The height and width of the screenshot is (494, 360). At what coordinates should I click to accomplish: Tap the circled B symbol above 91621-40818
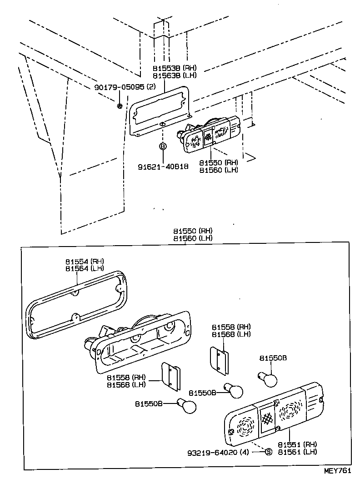(163, 146)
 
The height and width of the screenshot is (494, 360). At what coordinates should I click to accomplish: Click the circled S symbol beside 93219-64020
(268, 452)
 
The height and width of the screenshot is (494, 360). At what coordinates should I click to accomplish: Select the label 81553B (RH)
(175, 68)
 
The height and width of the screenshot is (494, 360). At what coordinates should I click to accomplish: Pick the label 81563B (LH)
(175, 75)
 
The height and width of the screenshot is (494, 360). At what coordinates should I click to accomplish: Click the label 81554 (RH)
(85, 262)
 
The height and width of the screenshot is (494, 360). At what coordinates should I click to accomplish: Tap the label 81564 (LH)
(85, 268)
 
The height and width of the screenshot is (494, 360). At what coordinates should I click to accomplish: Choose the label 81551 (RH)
(298, 444)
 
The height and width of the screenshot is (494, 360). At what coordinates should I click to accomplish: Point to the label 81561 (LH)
(298, 452)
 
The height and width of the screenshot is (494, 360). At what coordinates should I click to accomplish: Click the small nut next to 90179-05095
(119, 106)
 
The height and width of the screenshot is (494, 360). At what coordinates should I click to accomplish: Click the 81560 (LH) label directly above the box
(193, 238)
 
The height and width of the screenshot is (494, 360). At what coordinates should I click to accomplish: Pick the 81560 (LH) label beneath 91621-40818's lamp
(219, 170)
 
